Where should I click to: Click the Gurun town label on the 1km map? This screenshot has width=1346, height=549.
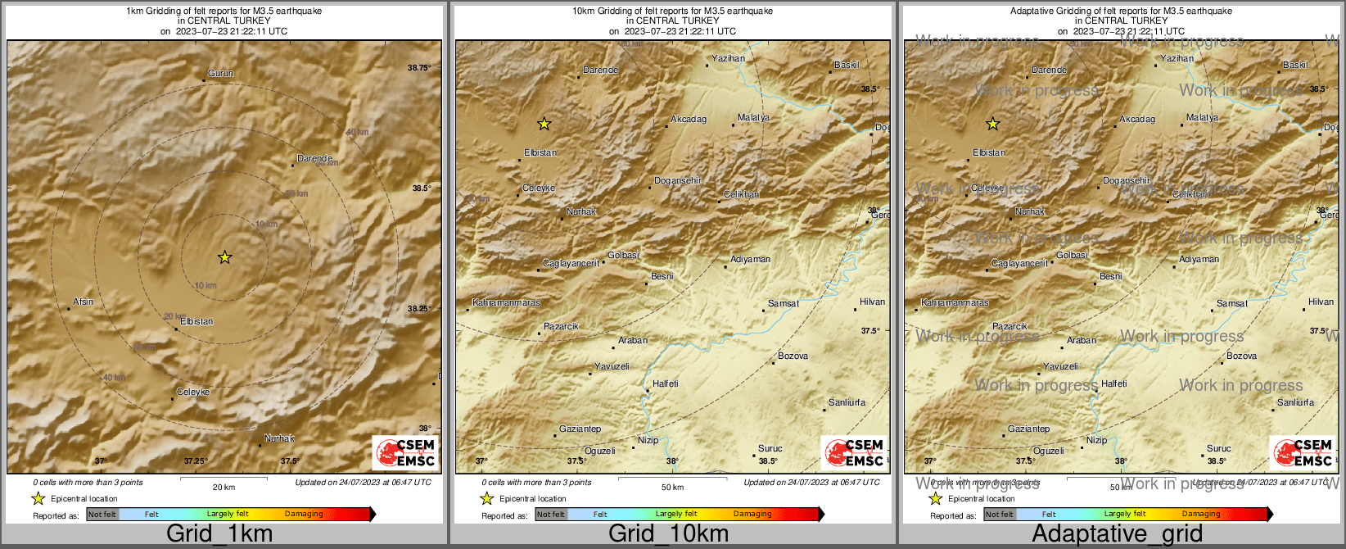220,74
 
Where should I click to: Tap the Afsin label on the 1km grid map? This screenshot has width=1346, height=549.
84,302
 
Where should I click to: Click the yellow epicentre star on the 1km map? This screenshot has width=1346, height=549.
225,257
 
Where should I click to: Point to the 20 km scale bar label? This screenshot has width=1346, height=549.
224,487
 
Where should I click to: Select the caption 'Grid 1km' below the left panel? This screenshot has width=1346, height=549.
219,534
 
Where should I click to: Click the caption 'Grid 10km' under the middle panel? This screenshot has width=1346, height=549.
668,534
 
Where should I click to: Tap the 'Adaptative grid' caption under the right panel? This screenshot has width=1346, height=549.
1117,534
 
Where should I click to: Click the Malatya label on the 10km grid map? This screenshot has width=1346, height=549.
753,118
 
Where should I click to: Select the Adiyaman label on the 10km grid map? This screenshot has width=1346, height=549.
750,260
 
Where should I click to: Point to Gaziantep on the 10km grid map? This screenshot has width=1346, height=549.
580,429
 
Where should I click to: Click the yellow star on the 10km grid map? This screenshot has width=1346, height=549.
544,124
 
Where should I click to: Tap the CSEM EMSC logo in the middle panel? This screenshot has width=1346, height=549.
854,452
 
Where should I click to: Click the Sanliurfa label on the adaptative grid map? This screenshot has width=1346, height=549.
1295,403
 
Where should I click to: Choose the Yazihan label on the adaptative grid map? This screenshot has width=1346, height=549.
1177,59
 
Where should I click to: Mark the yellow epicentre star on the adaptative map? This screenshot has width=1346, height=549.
993,124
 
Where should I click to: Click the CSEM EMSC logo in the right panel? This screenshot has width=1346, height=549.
1303,452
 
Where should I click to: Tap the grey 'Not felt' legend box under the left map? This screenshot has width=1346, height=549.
102,515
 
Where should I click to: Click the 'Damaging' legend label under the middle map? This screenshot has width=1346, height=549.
752,515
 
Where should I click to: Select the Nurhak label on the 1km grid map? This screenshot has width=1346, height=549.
279,439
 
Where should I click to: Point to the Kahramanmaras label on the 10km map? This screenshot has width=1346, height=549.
507,303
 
